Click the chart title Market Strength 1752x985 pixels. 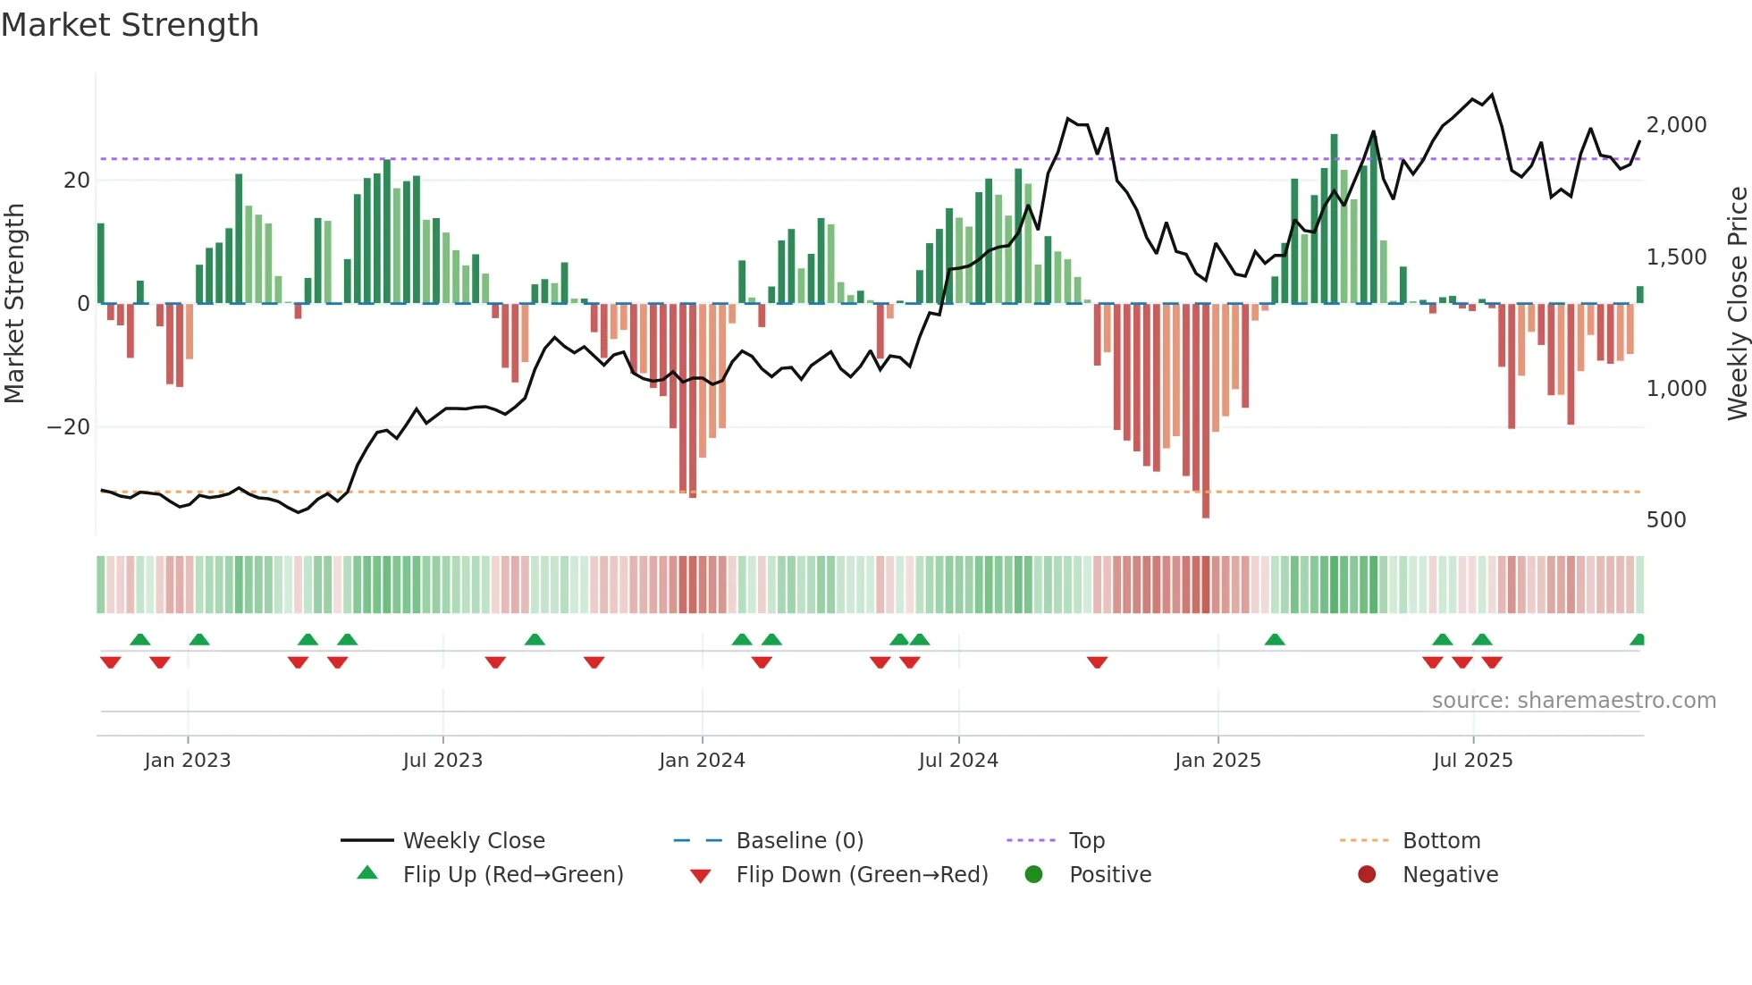130,25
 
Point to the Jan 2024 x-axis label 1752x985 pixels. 702,760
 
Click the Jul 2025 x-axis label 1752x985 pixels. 1472,760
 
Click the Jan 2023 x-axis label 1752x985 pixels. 188,760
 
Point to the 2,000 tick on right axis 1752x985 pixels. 1676,125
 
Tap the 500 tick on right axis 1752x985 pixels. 1665,520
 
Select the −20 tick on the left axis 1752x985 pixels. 69,427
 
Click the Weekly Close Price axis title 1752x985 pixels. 1737,304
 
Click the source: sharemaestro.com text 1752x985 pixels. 1573,700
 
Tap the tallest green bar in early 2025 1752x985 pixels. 1334,219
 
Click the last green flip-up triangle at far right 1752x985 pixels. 1638,639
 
